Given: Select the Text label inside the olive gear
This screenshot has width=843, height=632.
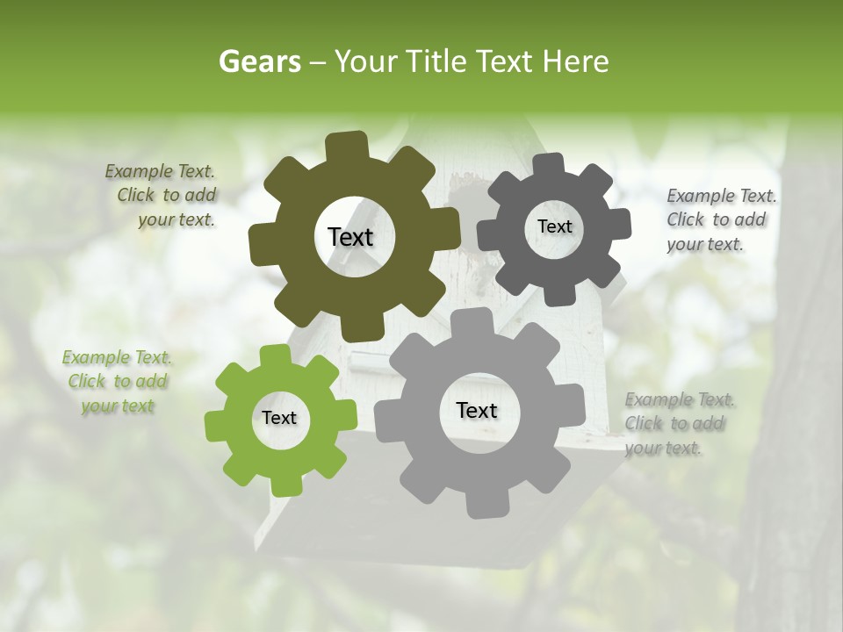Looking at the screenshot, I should (x=350, y=237).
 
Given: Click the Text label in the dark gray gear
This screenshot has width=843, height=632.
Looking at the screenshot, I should (x=554, y=226).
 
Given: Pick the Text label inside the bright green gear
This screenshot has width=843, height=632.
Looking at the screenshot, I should (x=279, y=418).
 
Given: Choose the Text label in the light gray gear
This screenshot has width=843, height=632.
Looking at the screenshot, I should (x=477, y=410).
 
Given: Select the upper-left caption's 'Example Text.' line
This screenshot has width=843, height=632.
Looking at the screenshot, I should (x=160, y=171).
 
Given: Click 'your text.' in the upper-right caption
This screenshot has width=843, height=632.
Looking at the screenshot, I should (x=704, y=245).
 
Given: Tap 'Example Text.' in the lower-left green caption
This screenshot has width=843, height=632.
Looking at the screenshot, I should (x=117, y=357).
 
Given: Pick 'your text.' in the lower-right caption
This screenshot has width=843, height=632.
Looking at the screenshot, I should (x=663, y=448).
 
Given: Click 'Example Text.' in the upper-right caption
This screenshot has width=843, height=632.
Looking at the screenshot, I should (x=722, y=196).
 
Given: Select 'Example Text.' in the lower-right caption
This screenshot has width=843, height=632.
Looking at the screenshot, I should (x=681, y=399).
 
